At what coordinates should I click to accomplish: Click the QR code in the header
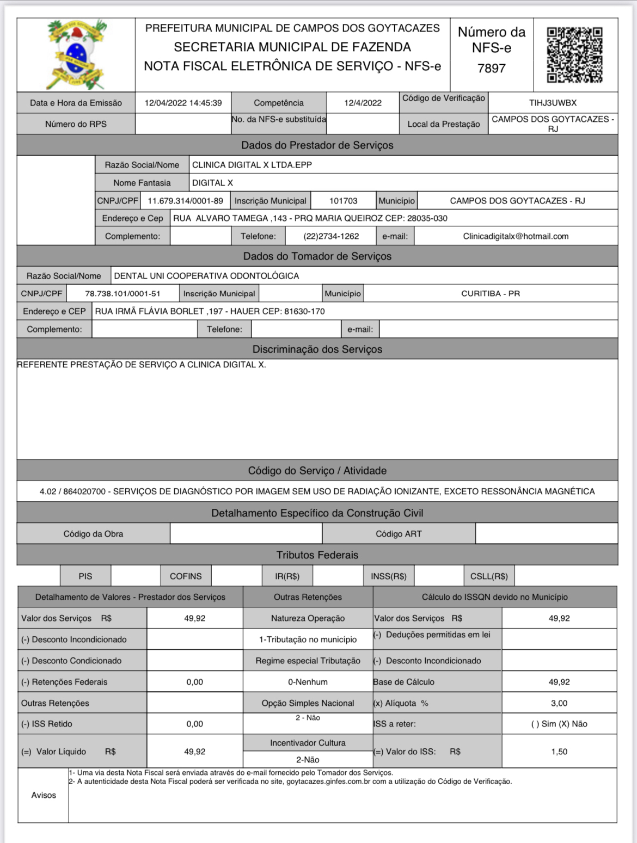[x=575, y=54]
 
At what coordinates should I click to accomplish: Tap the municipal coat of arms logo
[x=76, y=54]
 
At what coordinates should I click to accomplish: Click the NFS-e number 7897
[x=491, y=69]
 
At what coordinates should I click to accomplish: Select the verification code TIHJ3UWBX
[x=553, y=103]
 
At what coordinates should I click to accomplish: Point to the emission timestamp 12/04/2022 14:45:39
[x=183, y=103]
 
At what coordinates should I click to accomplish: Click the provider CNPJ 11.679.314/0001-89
[x=185, y=201]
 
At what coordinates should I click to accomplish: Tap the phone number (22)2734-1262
[x=331, y=236]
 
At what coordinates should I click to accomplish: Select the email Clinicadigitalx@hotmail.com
[x=516, y=236]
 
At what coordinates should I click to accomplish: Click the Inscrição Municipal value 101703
[x=344, y=201]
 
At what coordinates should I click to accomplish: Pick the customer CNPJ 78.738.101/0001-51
[x=122, y=293]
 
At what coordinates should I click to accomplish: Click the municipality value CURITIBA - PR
[x=490, y=293]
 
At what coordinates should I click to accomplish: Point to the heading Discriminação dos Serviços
[x=317, y=349]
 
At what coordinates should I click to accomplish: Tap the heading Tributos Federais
[x=317, y=555]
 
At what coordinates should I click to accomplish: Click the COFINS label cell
[x=186, y=576]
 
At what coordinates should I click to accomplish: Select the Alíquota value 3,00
[x=559, y=703]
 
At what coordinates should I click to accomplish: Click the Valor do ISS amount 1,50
[x=559, y=752]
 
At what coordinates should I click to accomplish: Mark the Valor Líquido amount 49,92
[x=194, y=752]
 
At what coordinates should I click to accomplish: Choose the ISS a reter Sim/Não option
[x=559, y=724]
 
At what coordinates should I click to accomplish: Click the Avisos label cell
[x=44, y=795]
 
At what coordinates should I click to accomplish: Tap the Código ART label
[x=399, y=534]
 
